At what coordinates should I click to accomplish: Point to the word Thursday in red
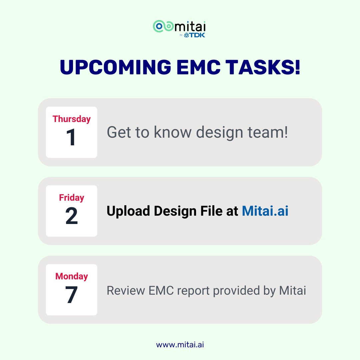tap(71, 119)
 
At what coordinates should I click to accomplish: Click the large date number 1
tap(71, 137)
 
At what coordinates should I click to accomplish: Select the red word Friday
tap(71, 198)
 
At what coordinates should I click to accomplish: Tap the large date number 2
tap(71, 216)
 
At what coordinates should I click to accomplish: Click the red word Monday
tap(71, 276)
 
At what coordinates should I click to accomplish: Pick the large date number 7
tap(71, 295)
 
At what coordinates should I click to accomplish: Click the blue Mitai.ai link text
tap(265, 211)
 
